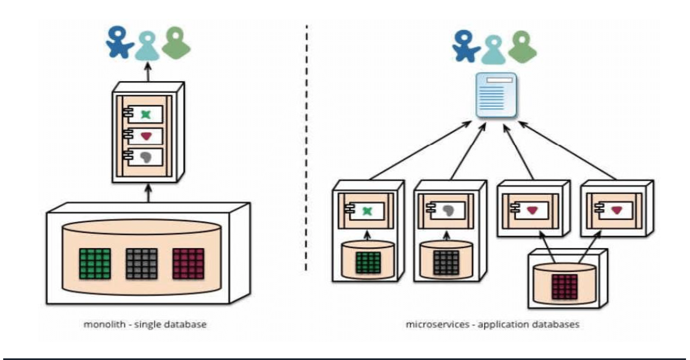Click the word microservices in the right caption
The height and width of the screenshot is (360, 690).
[437, 324]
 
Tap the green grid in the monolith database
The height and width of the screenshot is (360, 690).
[95, 264]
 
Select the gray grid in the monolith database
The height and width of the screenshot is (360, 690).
[142, 264]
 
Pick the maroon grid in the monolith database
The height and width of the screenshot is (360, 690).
[188, 264]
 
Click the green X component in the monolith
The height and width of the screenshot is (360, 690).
[146, 115]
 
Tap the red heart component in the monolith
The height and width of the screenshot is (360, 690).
[146, 136]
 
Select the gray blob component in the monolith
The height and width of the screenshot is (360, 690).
[146, 157]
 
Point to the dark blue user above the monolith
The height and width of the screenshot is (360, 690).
[119, 42]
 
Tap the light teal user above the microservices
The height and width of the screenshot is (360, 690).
[493, 50]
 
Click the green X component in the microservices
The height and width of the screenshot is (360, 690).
[367, 211]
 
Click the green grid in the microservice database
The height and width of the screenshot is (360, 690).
[368, 262]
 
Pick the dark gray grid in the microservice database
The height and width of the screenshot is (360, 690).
[446, 262]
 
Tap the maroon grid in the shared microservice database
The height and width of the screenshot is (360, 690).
[564, 287]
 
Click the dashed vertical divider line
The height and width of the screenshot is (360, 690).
[307, 145]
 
